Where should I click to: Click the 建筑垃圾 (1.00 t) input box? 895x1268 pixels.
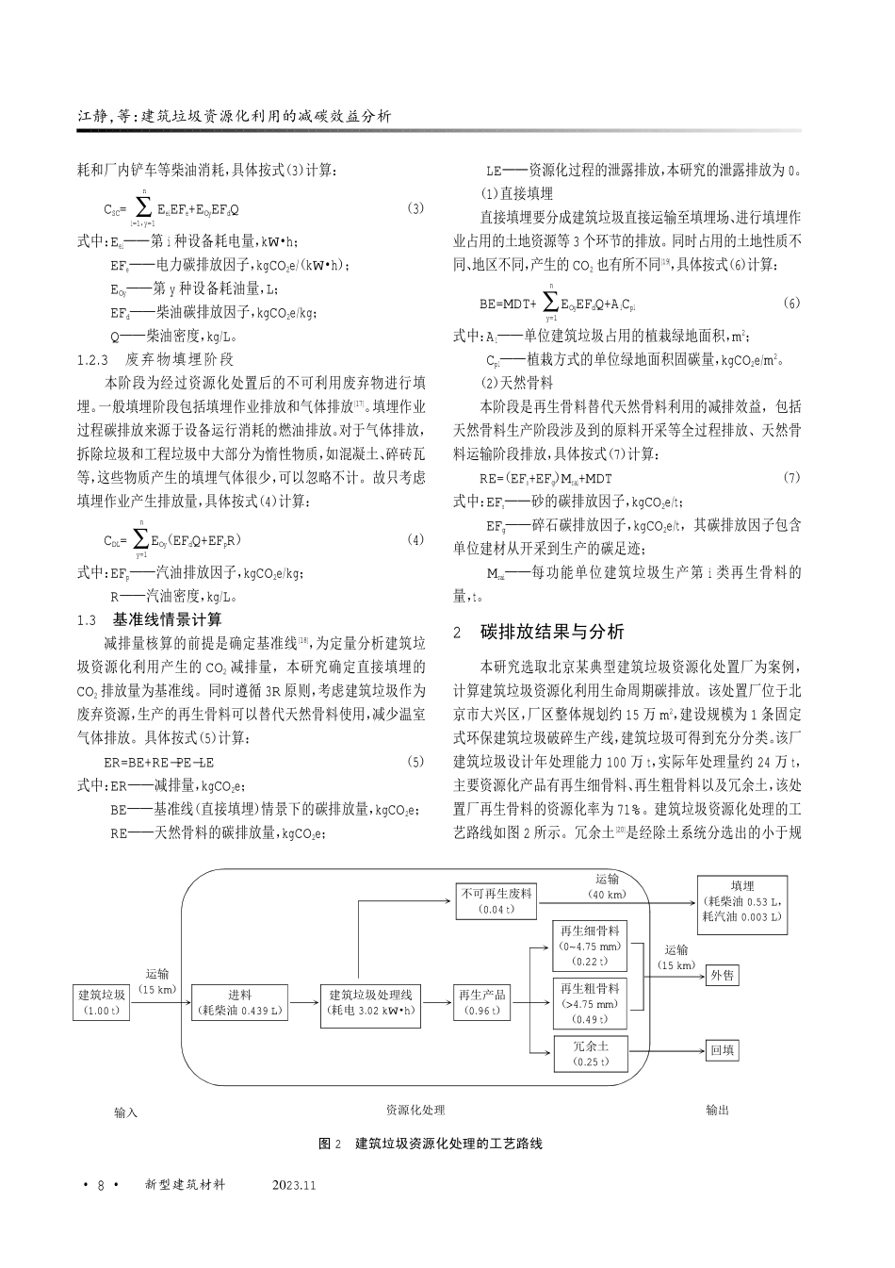(101, 1002)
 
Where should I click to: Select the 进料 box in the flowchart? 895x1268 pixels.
(239, 1002)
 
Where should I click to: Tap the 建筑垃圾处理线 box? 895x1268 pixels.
(370, 1002)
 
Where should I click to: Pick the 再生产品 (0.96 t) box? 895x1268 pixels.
(482, 1002)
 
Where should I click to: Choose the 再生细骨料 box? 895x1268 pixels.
(590, 945)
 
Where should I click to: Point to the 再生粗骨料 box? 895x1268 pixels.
(590, 1002)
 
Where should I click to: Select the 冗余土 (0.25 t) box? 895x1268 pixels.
(590, 1053)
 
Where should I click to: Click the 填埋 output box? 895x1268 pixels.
(742, 900)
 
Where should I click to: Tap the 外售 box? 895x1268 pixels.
(723, 976)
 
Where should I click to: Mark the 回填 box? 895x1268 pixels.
(723, 1049)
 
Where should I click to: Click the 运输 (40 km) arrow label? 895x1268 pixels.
(607, 886)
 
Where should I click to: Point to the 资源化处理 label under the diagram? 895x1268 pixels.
(415, 1111)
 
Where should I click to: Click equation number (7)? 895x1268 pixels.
(790, 478)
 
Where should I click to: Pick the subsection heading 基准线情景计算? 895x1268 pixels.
(167, 619)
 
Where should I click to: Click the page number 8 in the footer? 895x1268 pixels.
(100, 1184)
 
